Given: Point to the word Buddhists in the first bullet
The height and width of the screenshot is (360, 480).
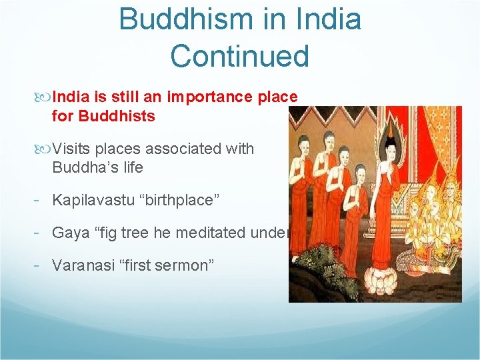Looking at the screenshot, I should [x=117, y=116].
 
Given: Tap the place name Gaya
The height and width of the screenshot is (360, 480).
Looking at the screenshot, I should [x=69, y=232].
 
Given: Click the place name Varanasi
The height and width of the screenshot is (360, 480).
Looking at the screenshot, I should [x=81, y=265].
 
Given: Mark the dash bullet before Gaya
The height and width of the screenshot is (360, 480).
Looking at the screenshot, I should [x=42, y=233].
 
